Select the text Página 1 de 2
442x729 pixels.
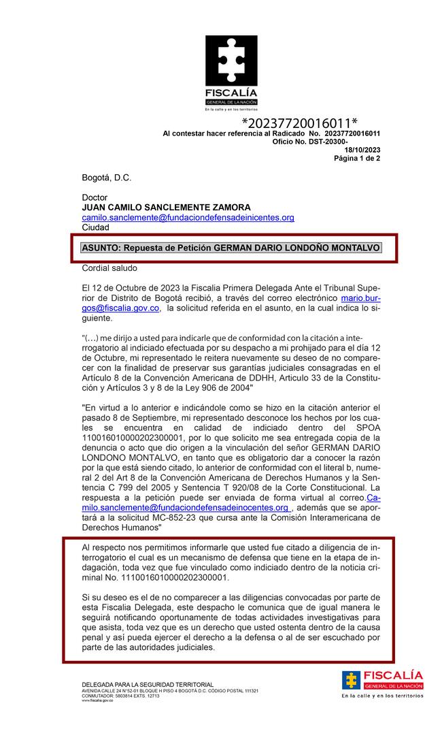click(x=356, y=158)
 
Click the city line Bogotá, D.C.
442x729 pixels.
click(x=106, y=178)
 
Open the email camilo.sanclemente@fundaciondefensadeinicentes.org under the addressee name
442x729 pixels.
click(x=188, y=217)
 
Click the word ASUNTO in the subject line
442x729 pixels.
click(x=101, y=248)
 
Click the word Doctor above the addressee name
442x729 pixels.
click(x=95, y=197)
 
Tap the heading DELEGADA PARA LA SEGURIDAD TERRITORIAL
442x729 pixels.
click(x=148, y=684)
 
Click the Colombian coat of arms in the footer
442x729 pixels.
click(x=351, y=680)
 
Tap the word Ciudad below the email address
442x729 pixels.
click(x=95, y=227)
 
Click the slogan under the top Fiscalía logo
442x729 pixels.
click(x=231, y=109)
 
